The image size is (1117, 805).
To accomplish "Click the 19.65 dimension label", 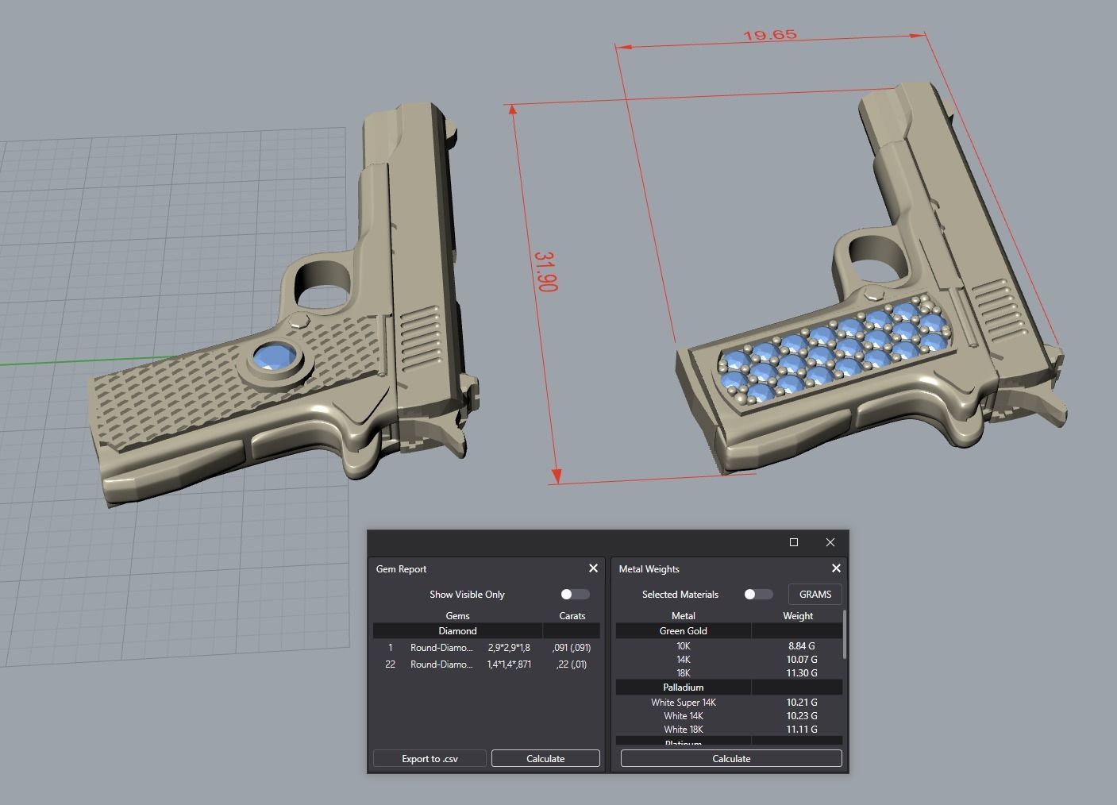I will click(769, 35).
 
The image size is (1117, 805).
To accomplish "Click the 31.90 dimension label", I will click(546, 272).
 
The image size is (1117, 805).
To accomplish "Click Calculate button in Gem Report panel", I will click(545, 758).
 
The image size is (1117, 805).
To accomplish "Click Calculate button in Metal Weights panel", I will click(731, 758).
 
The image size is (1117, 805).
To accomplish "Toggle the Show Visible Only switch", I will click(574, 594).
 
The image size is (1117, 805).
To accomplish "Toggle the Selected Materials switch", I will click(757, 594).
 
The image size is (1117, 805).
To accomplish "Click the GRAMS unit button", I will click(815, 594).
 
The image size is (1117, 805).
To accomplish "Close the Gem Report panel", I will click(593, 568).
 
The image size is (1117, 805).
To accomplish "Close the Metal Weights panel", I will click(835, 568).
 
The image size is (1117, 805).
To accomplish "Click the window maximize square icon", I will click(793, 542).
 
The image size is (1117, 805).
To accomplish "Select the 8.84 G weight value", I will click(801, 645).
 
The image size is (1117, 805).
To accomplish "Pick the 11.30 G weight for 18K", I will click(801, 672).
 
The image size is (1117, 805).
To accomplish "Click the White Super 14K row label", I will click(683, 702).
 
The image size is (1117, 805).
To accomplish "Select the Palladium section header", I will click(683, 687).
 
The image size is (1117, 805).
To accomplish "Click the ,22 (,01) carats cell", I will click(571, 664).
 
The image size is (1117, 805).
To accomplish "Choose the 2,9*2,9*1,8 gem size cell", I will click(509, 647).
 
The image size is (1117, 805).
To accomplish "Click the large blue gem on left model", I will click(275, 358).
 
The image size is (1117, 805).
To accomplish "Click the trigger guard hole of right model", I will click(877, 258).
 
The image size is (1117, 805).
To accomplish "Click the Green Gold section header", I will click(683, 630).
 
